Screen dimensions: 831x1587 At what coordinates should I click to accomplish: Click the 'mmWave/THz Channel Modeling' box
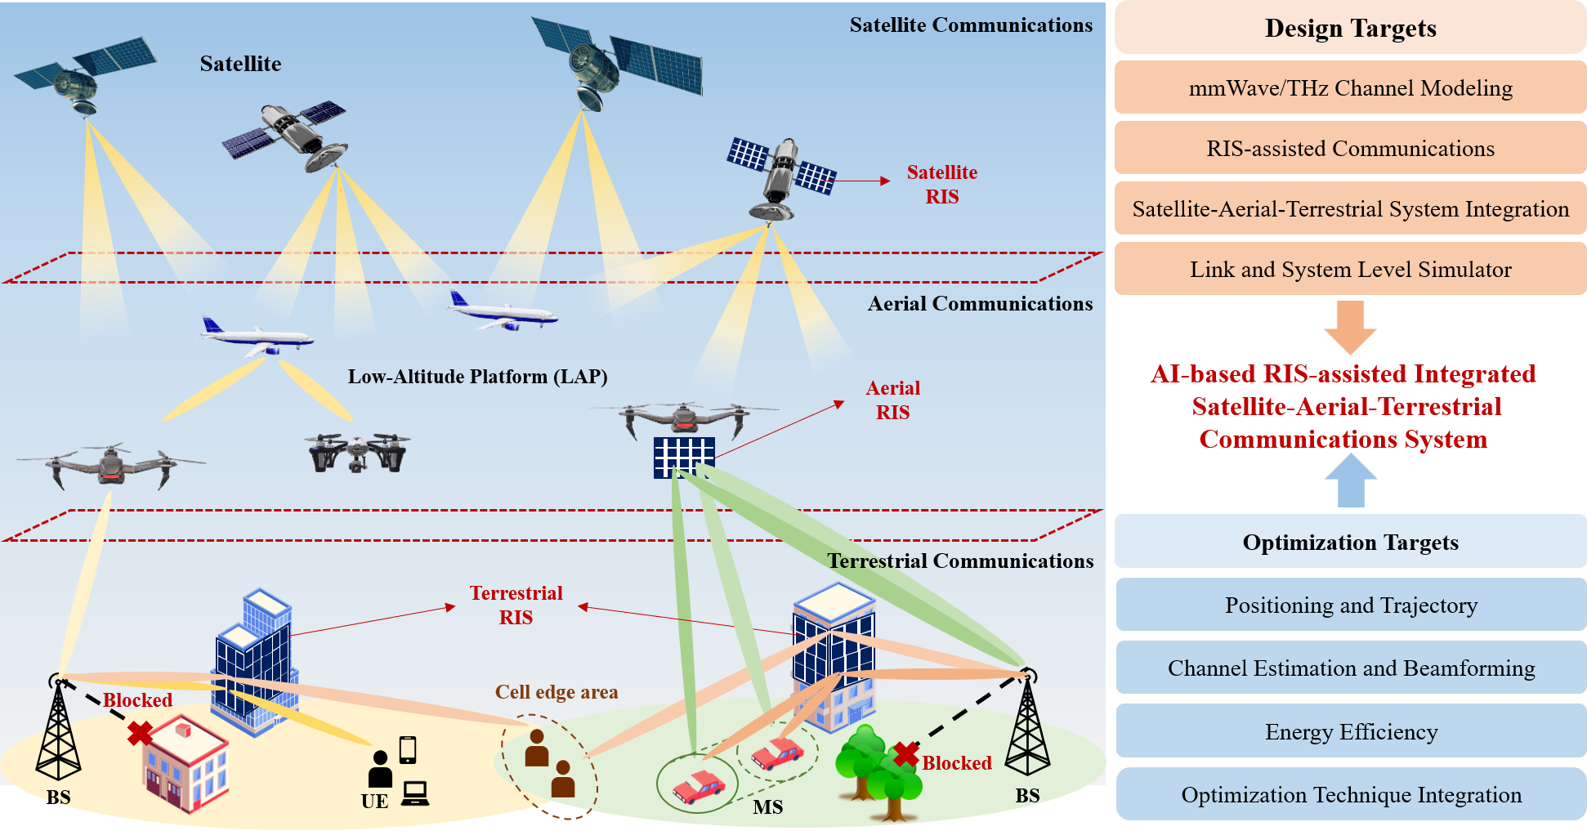point(1350,87)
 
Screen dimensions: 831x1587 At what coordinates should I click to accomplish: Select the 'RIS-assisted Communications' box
point(1350,148)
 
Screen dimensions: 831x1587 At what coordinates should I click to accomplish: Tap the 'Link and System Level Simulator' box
point(1350,269)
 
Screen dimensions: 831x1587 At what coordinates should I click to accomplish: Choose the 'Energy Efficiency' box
point(1351,731)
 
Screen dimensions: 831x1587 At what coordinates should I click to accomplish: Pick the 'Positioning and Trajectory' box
point(1351,605)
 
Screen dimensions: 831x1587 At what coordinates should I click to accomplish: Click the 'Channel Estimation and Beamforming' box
point(1351,668)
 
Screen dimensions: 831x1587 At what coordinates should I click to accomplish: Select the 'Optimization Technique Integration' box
point(1351,794)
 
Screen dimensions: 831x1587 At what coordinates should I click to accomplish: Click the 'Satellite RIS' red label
point(941,184)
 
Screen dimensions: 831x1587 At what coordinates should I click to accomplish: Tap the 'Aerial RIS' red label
point(892,400)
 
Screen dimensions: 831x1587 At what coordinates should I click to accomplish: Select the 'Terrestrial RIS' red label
point(516,605)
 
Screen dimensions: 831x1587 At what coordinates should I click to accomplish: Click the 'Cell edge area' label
point(557,692)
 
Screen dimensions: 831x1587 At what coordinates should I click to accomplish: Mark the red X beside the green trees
point(905,754)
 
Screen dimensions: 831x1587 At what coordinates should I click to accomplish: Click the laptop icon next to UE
point(415,793)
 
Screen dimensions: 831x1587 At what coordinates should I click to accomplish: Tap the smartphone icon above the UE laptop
point(408,749)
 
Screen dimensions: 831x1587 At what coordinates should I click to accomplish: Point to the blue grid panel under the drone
point(684,457)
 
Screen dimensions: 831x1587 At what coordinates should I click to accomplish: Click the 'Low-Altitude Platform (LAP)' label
point(477,377)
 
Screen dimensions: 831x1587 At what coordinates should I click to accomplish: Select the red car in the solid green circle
point(698,786)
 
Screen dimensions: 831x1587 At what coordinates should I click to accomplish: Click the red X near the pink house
point(140,733)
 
